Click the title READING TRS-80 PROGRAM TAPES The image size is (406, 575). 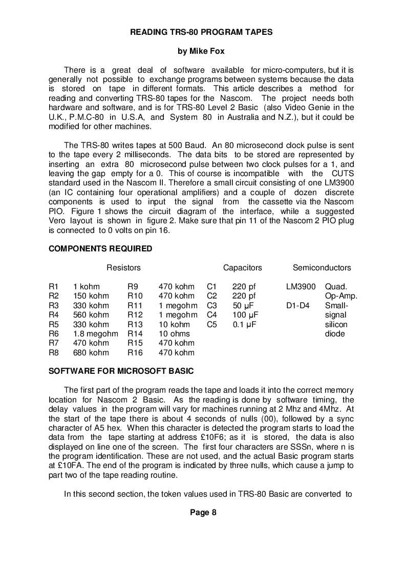tap(201, 32)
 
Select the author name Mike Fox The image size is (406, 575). tap(201, 51)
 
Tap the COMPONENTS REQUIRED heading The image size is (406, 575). tap(100, 249)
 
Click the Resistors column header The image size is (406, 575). tap(123, 268)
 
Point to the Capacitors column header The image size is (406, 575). tap(242, 268)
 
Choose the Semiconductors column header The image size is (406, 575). tap(322, 268)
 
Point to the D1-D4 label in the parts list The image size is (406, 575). tap(297, 306)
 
